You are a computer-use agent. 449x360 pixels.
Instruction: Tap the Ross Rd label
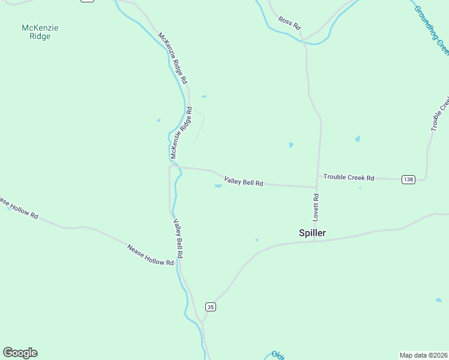coord(289,23)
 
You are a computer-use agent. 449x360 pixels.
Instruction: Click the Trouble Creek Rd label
coord(349,178)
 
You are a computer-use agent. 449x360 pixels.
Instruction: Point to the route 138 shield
coord(408,179)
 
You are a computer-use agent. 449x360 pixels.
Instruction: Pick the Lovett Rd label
coord(316,205)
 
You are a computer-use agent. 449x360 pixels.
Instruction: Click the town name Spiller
coord(312,233)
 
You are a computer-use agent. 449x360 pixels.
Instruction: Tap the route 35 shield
coord(210,307)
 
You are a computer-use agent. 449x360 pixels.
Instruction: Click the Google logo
coord(20,353)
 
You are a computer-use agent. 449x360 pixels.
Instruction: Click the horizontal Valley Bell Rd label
coord(244,181)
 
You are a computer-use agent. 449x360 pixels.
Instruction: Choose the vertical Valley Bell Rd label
coord(178,238)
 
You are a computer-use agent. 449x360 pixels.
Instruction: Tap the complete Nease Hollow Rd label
coord(151,255)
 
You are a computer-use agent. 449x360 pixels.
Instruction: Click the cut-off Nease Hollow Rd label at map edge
coord(18,208)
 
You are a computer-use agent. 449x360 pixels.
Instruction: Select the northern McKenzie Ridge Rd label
coord(173,58)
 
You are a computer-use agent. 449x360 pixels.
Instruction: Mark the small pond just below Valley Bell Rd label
coord(218,186)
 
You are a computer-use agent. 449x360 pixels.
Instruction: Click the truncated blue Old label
coord(277,355)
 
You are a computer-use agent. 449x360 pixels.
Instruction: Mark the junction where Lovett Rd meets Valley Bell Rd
coord(316,187)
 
